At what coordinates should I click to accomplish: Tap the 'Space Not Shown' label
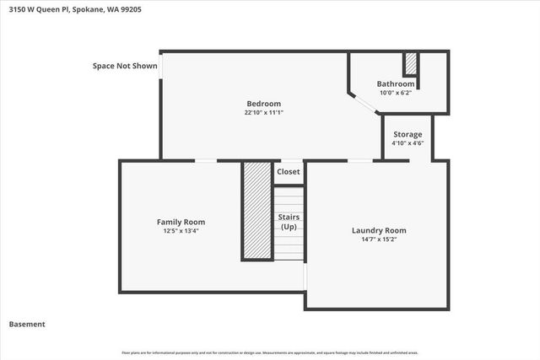pyautogui.click(x=125, y=66)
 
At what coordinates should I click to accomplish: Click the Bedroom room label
pyautogui.click(x=263, y=104)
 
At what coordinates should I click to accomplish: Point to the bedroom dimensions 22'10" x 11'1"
pyautogui.click(x=263, y=112)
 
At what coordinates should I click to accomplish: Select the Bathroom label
pyautogui.click(x=396, y=84)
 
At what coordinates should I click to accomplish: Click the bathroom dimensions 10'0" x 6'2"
pyautogui.click(x=396, y=94)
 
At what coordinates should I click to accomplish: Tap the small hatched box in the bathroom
pyautogui.click(x=411, y=64)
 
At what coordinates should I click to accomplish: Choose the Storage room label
pyautogui.click(x=408, y=134)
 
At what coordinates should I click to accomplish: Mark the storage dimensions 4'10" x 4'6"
pyautogui.click(x=408, y=143)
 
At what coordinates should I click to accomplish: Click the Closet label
pyautogui.click(x=289, y=172)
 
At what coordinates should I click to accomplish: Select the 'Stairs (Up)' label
pyautogui.click(x=289, y=222)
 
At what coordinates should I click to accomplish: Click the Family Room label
pyautogui.click(x=181, y=222)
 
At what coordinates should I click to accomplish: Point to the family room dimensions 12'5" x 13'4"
pyautogui.click(x=181, y=231)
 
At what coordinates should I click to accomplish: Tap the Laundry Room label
pyautogui.click(x=379, y=230)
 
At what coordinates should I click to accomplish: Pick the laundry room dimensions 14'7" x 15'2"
pyautogui.click(x=379, y=239)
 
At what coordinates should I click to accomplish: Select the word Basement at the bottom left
pyautogui.click(x=27, y=324)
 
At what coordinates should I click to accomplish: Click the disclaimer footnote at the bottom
pyautogui.click(x=270, y=352)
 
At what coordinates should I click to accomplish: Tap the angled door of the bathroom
pyautogui.click(x=364, y=104)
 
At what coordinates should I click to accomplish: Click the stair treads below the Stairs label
pyautogui.click(x=289, y=249)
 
